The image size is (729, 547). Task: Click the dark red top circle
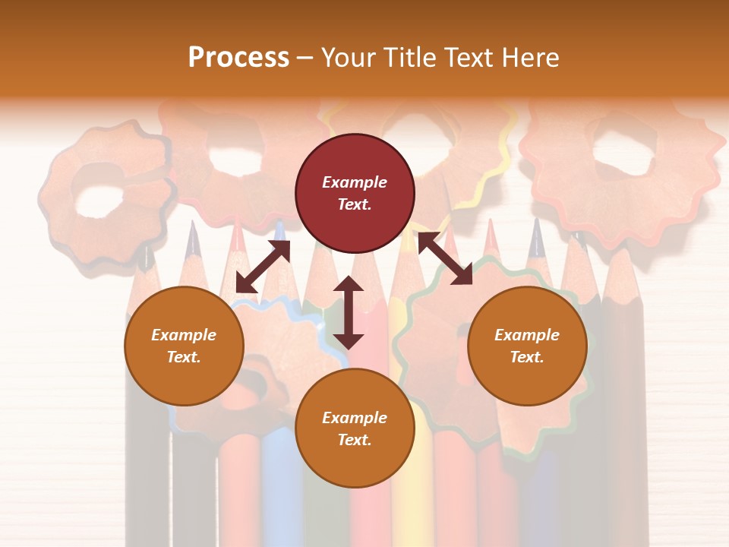click(355, 193)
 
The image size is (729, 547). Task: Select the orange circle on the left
click(184, 346)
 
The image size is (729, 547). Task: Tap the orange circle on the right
click(527, 346)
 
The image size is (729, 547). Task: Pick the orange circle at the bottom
click(355, 428)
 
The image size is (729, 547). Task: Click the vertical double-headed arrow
click(349, 312)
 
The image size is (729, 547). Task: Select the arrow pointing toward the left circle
click(263, 267)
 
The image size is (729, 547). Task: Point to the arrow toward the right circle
click(446, 258)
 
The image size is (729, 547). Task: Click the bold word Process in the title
click(238, 58)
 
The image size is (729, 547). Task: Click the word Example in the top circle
click(355, 182)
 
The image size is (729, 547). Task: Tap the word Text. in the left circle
click(184, 357)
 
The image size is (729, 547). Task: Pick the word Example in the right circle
click(527, 335)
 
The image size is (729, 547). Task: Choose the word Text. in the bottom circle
click(355, 440)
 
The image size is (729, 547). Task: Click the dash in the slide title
click(305, 58)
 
